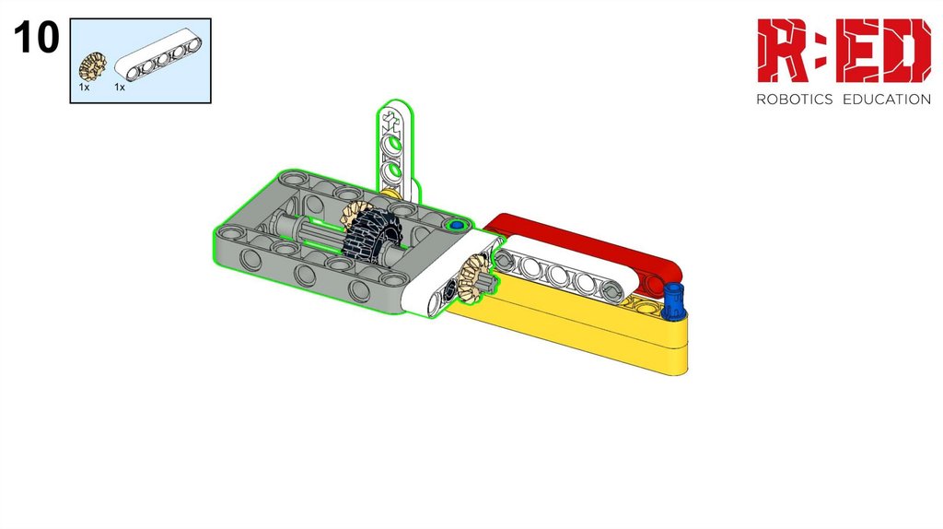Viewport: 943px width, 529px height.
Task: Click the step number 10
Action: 36,37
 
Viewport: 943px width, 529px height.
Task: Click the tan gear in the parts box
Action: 93,66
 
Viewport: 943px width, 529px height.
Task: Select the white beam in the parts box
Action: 158,58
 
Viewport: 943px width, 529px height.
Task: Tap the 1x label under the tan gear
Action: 84,88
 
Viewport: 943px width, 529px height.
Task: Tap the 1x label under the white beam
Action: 120,88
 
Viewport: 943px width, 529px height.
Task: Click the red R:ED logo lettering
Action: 844,51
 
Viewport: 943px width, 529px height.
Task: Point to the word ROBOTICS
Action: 795,100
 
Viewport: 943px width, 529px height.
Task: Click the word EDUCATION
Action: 887,100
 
